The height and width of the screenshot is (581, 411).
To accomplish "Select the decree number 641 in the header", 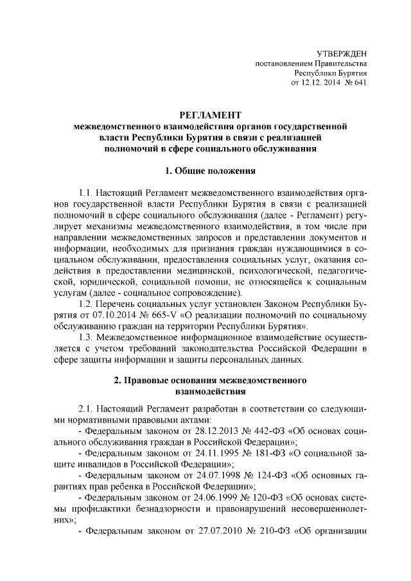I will click(359, 83).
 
